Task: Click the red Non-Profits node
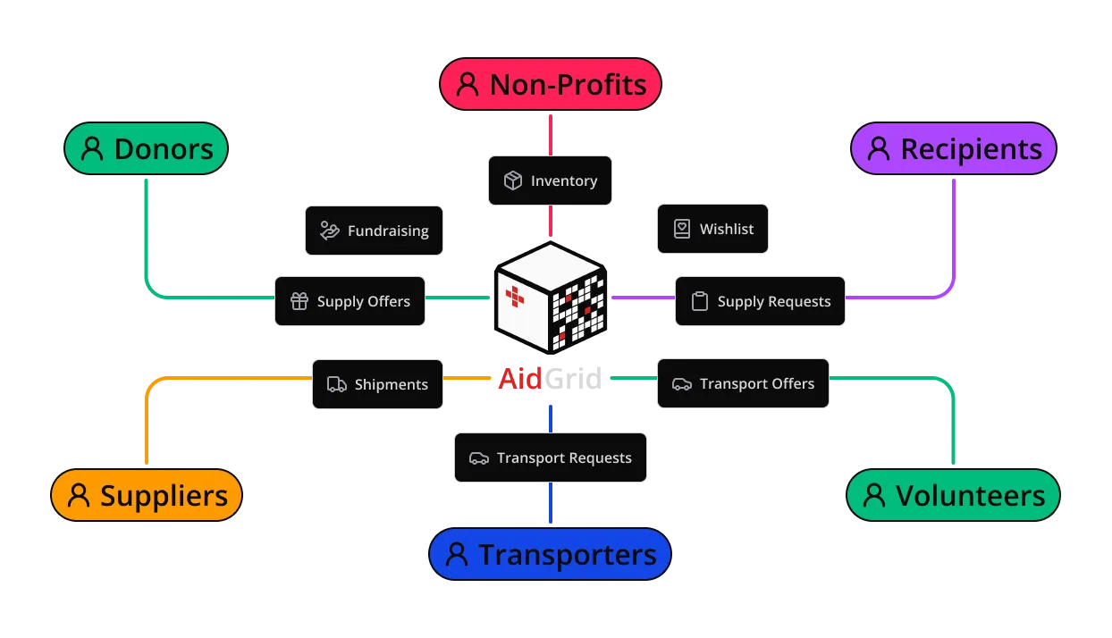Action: coord(550,85)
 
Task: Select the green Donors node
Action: coord(147,148)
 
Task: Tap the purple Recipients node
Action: coord(954,148)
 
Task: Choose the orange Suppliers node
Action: coord(147,495)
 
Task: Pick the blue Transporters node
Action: coord(550,554)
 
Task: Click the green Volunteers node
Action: coord(953,495)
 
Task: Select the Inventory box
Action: coord(550,180)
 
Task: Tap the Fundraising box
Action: coord(374,231)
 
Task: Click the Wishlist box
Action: coord(712,229)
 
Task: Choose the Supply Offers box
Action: coord(350,301)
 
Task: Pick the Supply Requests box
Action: coord(760,301)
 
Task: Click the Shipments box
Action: coord(376,384)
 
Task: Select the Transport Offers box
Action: coord(743,383)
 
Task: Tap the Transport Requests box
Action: coord(550,458)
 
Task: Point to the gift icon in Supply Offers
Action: coord(299,301)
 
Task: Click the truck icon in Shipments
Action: coord(337,384)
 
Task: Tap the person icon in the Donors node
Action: coord(92,148)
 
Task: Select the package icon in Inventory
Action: coord(513,180)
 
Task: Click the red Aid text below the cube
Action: coord(519,379)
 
